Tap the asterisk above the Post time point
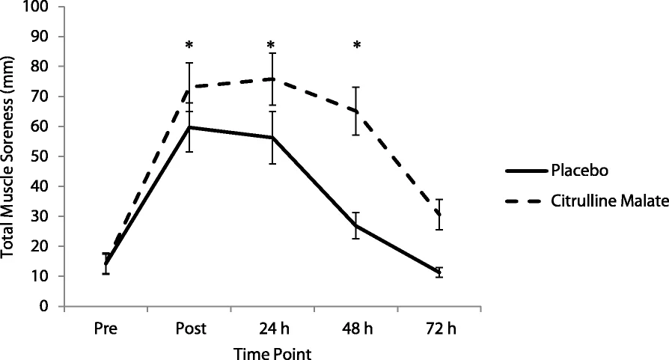click(189, 45)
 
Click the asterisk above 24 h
click(271, 45)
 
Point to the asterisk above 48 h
click(357, 45)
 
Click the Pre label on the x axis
click(106, 329)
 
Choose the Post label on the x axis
click(191, 329)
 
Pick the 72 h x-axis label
click(441, 329)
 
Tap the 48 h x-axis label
click(357, 329)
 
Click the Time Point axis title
click(272, 353)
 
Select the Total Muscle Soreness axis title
click(7, 157)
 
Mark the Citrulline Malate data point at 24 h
click(272, 79)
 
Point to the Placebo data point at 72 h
click(439, 272)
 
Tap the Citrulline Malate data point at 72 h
click(439, 215)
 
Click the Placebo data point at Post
click(189, 127)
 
